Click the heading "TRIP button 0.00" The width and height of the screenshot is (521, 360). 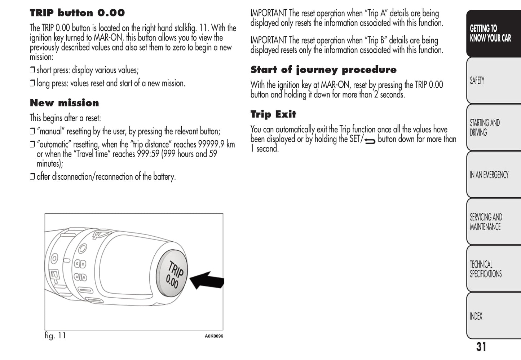point(77,13)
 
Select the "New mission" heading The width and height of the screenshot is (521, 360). point(64,103)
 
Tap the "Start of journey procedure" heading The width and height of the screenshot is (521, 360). point(323,70)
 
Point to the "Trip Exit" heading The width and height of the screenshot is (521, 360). point(273,114)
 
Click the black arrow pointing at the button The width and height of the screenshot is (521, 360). point(207,280)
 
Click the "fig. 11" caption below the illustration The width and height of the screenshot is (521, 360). point(55,335)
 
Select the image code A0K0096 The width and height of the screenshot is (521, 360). point(214,336)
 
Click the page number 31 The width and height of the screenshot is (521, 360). point(481,347)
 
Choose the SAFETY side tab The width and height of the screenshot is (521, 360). point(477,80)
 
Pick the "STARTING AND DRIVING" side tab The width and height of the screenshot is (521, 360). point(485,128)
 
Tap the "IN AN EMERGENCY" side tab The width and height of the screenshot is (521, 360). point(489,175)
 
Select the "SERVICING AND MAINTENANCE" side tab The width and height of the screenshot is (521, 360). point(486,222)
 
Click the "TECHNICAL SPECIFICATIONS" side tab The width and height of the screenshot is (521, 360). point(485,269)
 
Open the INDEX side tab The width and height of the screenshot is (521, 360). point(476,316)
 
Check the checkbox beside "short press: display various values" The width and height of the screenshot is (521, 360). point(32,70)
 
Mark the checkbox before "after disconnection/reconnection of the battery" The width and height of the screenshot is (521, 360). point(32,177)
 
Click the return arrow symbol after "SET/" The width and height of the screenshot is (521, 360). point(370,141)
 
